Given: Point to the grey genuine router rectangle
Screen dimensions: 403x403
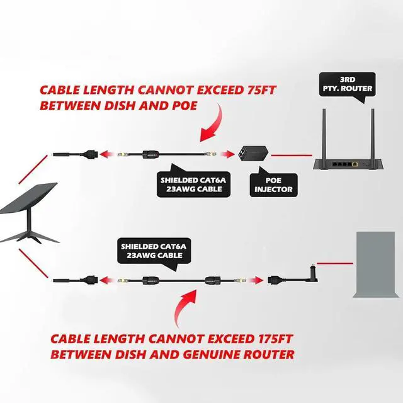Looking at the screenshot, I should point(375,265).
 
